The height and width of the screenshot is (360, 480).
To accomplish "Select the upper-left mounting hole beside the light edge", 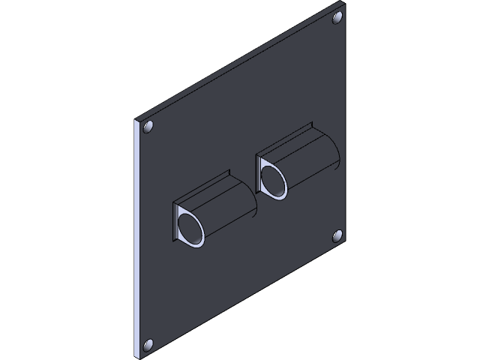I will (148, 127).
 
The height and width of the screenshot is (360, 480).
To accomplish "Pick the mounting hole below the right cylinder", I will (337, 238).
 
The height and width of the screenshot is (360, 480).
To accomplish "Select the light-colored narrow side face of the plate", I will (137, 240).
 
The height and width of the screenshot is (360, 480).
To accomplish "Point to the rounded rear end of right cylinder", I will (338, 153).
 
